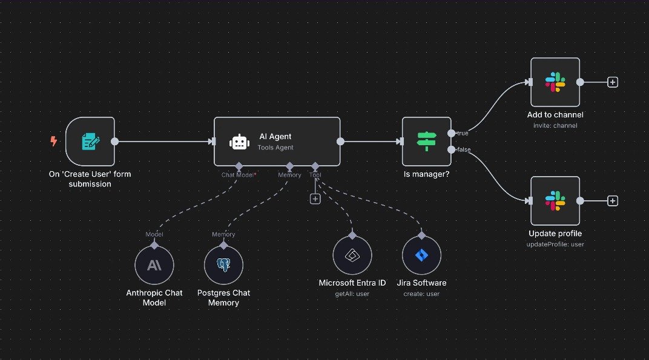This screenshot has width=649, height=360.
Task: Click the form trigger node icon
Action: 90,142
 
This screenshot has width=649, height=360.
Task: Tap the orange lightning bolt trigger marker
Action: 54,141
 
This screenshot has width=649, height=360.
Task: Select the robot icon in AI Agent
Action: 239,142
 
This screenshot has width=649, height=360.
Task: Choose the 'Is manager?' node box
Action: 426,142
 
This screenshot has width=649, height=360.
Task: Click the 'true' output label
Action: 463,133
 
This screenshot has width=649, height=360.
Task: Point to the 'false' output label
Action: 463,149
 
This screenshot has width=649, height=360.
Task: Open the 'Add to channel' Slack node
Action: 555,82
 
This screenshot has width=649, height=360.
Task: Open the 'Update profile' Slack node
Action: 555,201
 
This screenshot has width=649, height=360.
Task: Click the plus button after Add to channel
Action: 613,82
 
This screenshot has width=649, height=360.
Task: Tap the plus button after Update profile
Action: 613,201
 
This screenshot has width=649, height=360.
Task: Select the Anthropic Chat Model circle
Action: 154,265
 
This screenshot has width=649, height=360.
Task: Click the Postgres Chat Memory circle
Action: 223,265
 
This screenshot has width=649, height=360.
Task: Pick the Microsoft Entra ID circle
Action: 352,255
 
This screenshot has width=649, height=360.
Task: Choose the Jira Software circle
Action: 421,255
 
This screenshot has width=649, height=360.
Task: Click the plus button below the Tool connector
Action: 315,198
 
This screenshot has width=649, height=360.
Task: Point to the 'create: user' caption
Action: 421,294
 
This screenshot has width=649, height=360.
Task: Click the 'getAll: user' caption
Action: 352,294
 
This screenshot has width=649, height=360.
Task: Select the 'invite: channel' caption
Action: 555,125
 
